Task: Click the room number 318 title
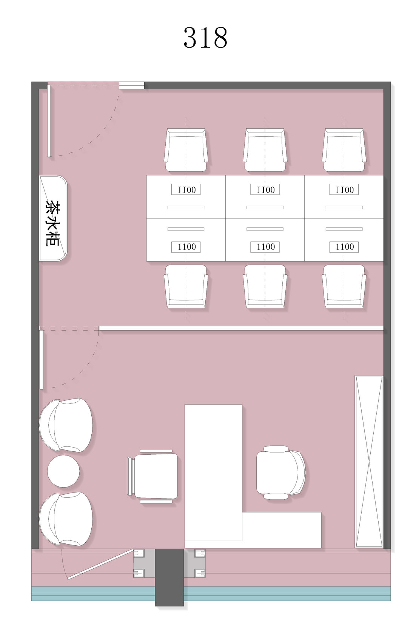205,37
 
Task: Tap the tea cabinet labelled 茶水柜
53,218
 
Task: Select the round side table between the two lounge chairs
63,471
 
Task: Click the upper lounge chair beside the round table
66,425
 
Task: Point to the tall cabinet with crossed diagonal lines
369,461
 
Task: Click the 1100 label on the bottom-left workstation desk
186,247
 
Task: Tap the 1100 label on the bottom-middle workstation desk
265,247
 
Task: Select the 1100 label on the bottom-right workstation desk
344,247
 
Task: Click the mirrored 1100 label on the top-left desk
186,189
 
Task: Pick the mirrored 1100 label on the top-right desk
344,189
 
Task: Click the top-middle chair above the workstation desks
265,150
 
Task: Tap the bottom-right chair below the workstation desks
344,286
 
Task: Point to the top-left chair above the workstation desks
186,150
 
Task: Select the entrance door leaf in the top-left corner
49,121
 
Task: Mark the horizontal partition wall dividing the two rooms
241,328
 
